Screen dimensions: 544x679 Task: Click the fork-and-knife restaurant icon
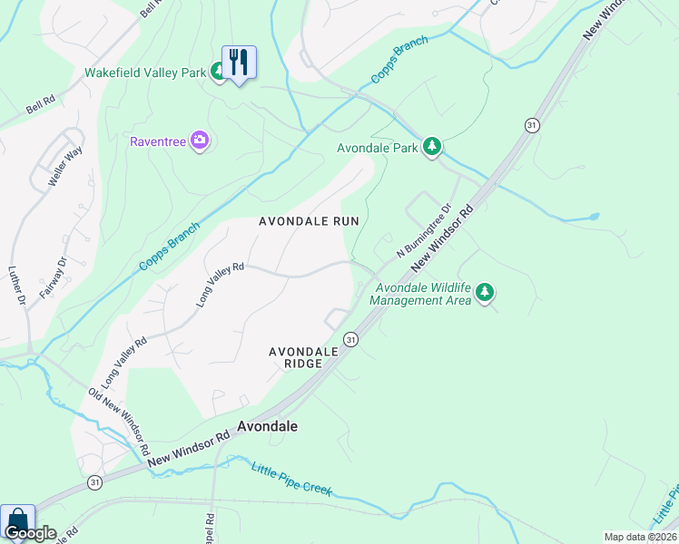click(x=239, y=63)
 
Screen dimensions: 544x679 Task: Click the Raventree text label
click(x=157, y=141)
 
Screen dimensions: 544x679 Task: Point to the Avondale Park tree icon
click(x=433, y=147)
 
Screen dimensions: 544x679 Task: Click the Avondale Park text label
click(x=376, y=148)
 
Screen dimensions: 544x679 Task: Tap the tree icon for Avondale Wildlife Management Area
click(x=487, y=291)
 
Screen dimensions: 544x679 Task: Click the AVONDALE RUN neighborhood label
click(x=309, y=220)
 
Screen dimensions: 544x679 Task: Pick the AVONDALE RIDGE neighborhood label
click(x=296, y=357)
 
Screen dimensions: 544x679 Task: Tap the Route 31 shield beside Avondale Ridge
click(x=350, y=338)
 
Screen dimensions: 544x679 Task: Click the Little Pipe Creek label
click(x=291, y=478)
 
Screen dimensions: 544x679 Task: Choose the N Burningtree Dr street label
click(x=423, y=230)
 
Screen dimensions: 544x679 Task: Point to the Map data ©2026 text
click(x=640, y=537)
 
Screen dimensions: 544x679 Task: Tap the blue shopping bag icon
click(x=17, y=520)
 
